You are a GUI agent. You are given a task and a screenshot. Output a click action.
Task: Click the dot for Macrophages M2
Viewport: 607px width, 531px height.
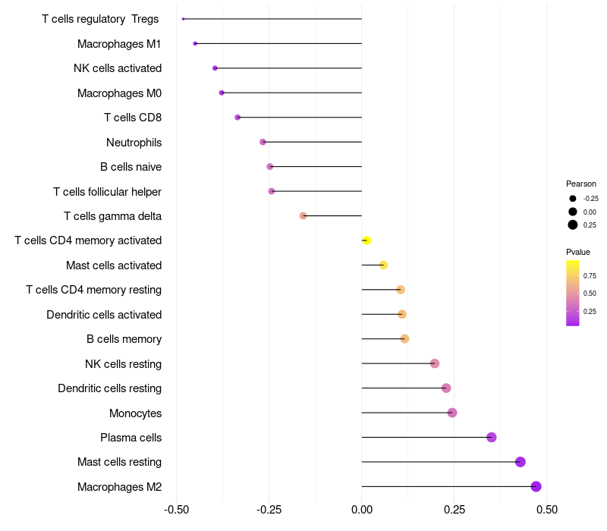pyautogui.click(x=536, y=486)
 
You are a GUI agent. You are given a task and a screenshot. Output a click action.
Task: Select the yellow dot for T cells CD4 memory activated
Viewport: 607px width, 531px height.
pyautogui.click(x=366, y=240)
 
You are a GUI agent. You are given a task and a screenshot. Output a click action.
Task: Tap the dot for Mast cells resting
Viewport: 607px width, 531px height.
pyautogui.click(x=520, y=462)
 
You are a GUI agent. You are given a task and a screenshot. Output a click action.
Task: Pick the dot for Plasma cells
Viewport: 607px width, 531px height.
pyautogui.click(x=491, y=437)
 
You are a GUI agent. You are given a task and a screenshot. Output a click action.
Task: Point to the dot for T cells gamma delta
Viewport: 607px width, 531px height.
pyautogui.click(x=303, y=215)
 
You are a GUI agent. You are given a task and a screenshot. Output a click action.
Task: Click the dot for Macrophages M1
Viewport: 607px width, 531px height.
pyautogui.click(x=195, y=43)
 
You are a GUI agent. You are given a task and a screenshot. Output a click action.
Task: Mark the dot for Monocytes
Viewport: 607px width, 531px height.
pyautogui.click(x=452, y=413)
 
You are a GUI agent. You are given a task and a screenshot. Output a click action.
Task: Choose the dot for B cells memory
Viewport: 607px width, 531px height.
pyautogui.click(x=404, y=338)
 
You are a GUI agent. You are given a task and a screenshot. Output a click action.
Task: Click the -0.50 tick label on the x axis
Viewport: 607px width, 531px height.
pyautogui.click(x=177, y=509)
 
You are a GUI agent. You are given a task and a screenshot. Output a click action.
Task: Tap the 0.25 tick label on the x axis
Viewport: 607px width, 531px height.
pyautogui.click(x=454, y=509)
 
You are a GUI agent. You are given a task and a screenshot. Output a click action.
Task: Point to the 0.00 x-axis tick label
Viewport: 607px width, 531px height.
pyautogui.click(x=362, y=509)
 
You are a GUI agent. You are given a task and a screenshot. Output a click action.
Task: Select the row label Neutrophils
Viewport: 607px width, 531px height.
pyautogui.click(x=134, y=142)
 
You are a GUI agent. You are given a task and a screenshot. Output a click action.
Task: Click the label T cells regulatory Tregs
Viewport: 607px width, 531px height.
pyautogui.click(x=100, y=19)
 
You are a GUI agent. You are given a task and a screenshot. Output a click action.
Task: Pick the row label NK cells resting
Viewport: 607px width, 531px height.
pyautogui.click(x=123, y=363)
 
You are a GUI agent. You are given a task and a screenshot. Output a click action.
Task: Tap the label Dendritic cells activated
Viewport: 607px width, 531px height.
pyautogui.click(x=104, y=314)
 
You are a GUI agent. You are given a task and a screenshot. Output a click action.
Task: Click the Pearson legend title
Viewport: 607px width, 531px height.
pyautogui.click(x=581, y=184)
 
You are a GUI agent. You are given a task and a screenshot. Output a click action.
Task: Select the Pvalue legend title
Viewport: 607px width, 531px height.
pyautogui.click(x=578, y=252)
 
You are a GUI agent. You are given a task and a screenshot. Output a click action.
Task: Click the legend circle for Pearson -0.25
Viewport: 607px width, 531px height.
pyautogui.click(x=573, y=198)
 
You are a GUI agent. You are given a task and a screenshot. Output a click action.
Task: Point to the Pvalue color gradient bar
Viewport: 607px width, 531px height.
pyautogui.click(x=573, y=293)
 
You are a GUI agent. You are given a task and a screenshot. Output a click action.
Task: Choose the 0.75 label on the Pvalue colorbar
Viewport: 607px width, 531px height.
pyautogui.click(x=590, y=275)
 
